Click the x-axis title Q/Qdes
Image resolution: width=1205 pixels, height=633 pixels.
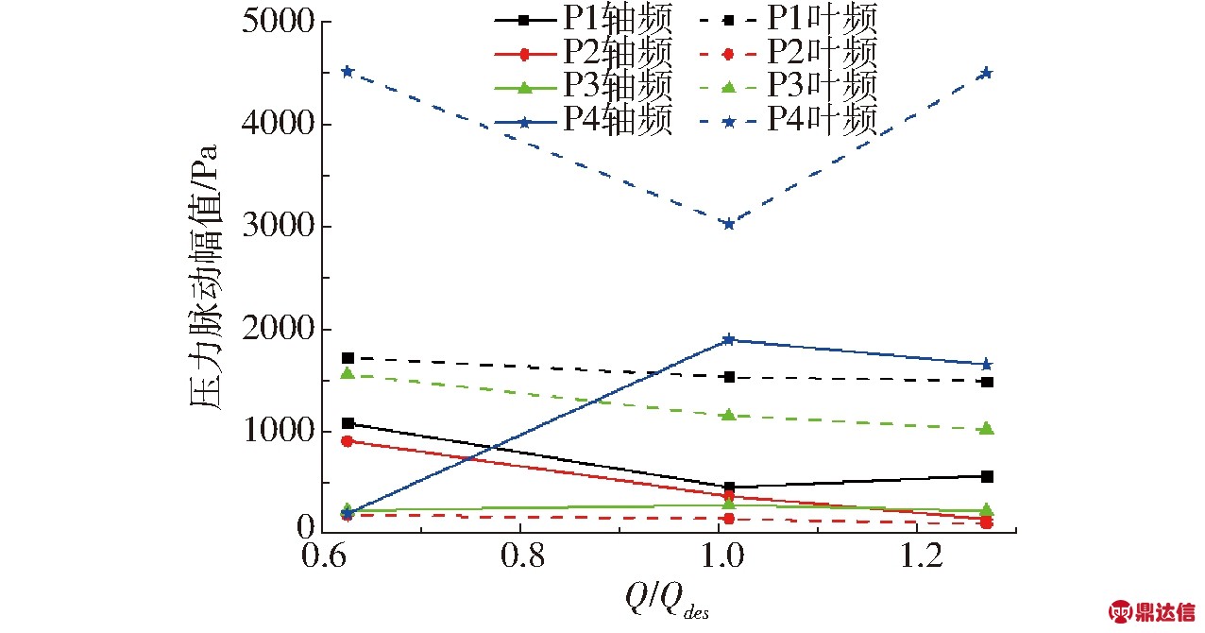(x=667, y=598)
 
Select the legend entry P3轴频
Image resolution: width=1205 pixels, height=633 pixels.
(x=586, y=87)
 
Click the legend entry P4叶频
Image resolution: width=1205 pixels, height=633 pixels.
(x=789, y=119)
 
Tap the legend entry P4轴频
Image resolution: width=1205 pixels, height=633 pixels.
(x=586, y=119)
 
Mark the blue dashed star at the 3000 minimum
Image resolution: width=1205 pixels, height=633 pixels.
(x=728, y=224)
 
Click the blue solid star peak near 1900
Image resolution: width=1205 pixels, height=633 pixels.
(x=728, y=339)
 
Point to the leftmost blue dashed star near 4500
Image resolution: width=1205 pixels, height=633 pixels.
(x=348, y=72)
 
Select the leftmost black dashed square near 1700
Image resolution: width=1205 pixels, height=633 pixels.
(x=348, y=358)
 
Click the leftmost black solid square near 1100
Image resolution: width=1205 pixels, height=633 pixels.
(x=348, y=423)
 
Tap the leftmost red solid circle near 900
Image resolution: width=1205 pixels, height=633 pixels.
(x=348, y=441)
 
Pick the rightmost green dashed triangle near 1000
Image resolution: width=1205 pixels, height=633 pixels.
(x=987, y=429)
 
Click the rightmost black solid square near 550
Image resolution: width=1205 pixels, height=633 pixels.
(x=987, y=476)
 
